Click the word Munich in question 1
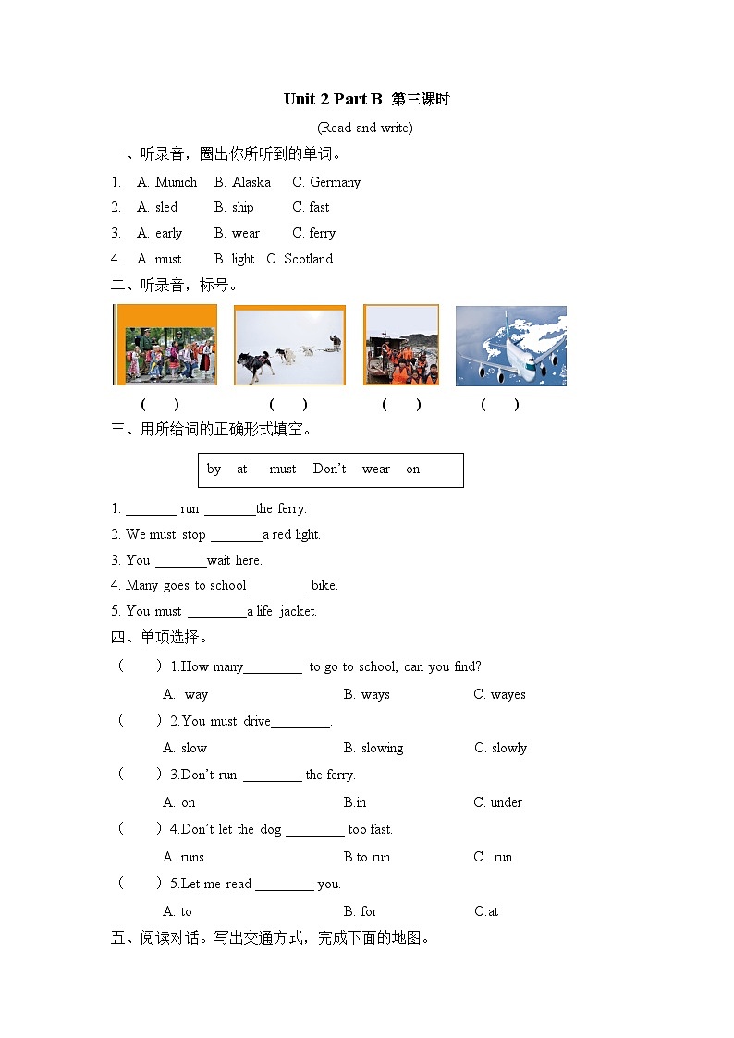(176, 182)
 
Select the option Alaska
(251, 182)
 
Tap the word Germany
(335, 183)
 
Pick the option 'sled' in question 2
(166, 207)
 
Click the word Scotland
(308, 259)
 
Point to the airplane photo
(511, 346)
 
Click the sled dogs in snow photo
(290, 345)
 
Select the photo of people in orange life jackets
(401, 345)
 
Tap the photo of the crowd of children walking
(165, 344)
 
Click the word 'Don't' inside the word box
(330, 469)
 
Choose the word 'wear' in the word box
(376, 470)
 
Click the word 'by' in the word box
(214, 470)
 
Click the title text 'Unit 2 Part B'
(333, 99)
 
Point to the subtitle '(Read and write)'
(364, 128)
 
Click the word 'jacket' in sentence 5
(298, 611)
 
